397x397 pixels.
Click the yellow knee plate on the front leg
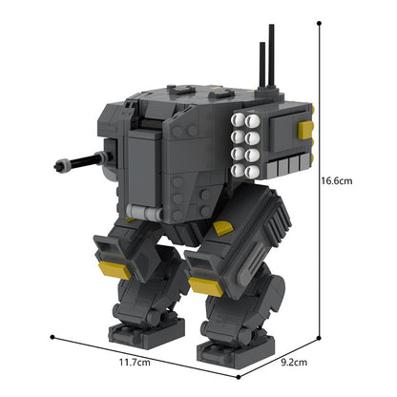(203, 283)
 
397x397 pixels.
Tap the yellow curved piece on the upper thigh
(222, 227)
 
